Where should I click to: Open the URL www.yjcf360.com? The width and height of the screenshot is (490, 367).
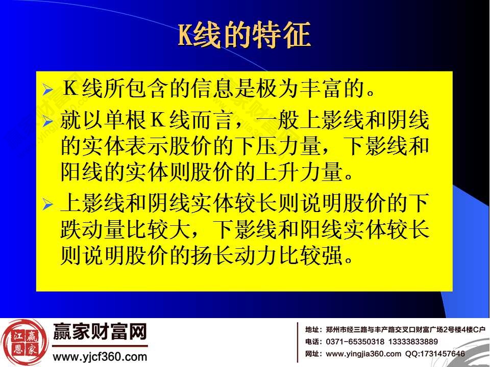click(100, 356)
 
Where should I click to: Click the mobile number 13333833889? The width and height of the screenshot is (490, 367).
click(413, 342)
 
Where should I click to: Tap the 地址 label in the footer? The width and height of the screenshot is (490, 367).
click(313, 329)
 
